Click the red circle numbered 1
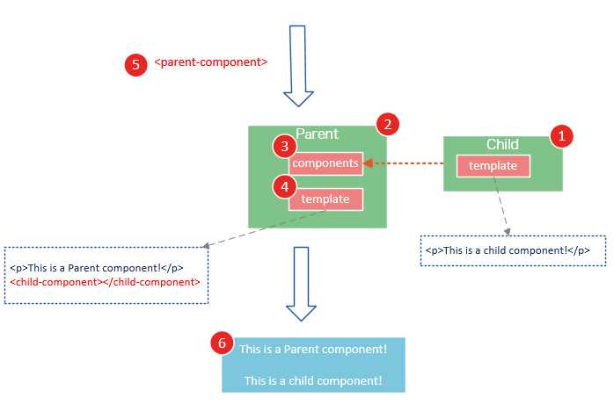click(x=560, y=135)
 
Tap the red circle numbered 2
click(x=385, y=124)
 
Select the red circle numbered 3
click(x=281, y=146)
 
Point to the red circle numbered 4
click(x=282, y=185)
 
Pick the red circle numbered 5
click(x=135, y=64)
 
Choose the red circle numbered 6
click(x=223, y=344)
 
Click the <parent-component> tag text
click(x=211, y=63)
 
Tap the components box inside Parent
click(x=325, y=163)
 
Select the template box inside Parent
click(x=325, y=199)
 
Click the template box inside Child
click(x=493, y=166)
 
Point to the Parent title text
click(x=318, y=134)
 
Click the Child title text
click(x=502, y=144)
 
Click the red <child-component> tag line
click(x=105, y=282)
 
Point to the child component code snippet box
click(x=513, y=250)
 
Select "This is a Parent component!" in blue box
click(x=313, y=350)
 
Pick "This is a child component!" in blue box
click(x=313, y=380)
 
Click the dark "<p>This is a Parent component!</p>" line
click(x=97, y=268)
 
